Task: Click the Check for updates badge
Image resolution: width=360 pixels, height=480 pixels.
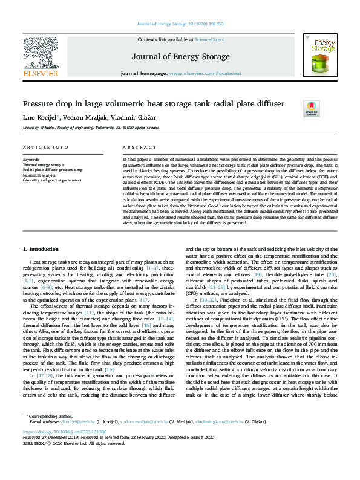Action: [311, 108]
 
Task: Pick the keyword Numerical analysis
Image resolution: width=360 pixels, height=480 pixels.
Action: [39, 175]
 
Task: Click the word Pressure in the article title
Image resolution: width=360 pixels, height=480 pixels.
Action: [39, 103]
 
